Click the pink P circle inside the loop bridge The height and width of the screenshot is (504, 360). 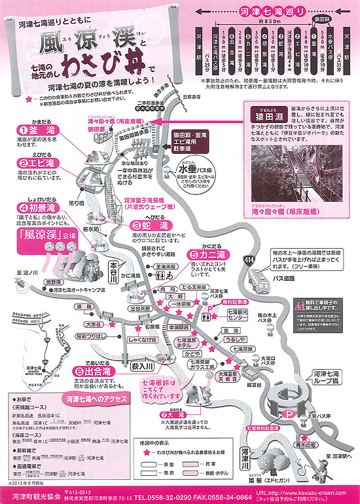click(x=287, y=414)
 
